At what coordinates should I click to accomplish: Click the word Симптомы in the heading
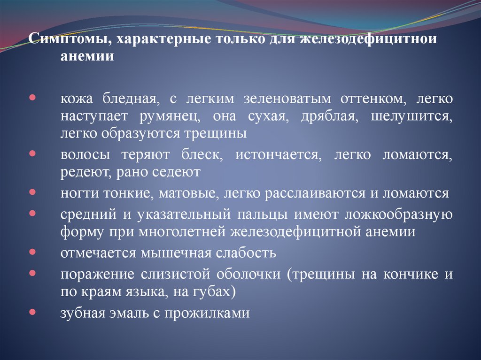point(67,38)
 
